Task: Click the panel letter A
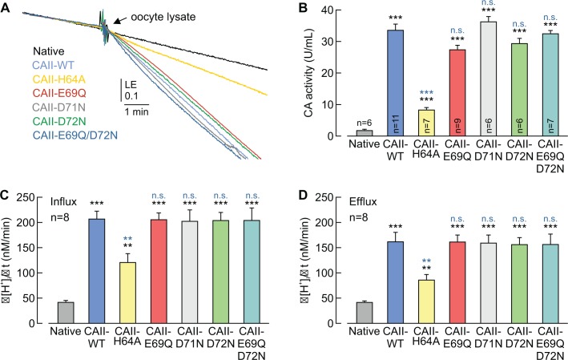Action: [9, 10]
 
